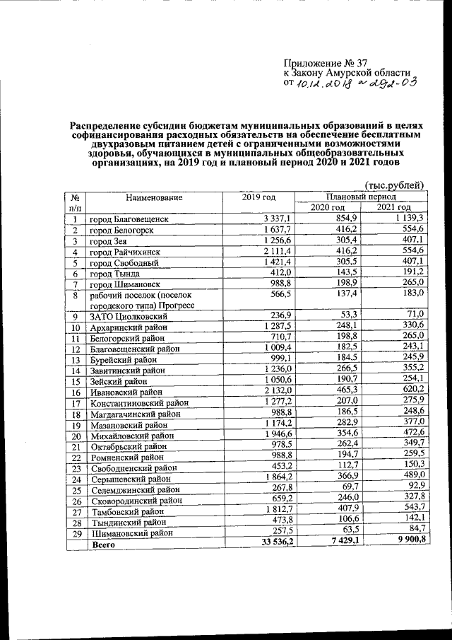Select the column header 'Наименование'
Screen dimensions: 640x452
click(x=154, y=197)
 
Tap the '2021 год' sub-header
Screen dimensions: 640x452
click(x=393, y=207)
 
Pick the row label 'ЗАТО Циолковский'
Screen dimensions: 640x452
click(x=126, y=316)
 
